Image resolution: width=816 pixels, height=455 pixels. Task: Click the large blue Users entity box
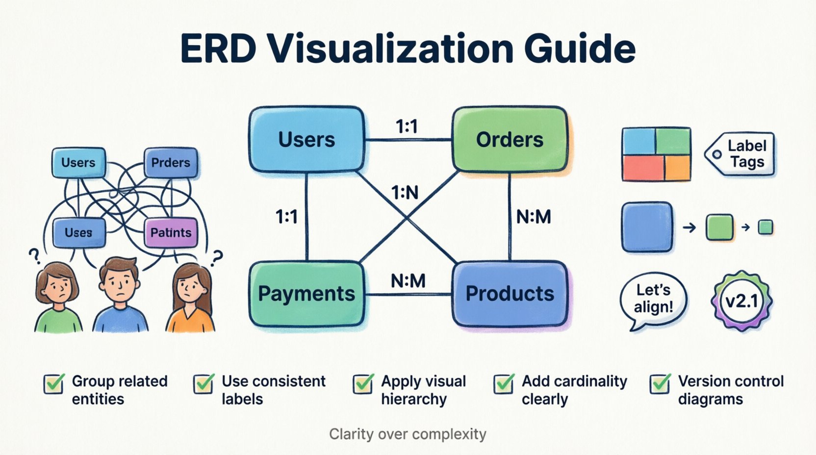click(x=307, y=140)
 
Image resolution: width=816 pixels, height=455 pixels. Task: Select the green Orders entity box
click(x=510, y=140)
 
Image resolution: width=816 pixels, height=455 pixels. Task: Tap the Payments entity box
click(x=307, y=294)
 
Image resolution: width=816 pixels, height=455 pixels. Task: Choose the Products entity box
click(x=510, y=294)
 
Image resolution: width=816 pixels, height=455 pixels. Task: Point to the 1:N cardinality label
click(x=405, y=193)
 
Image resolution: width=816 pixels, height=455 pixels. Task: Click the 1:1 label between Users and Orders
click(x=407, y=127)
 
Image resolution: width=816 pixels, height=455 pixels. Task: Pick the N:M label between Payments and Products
click(x=408, y=281)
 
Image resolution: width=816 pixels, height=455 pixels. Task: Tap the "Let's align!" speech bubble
click(x=653, y=299)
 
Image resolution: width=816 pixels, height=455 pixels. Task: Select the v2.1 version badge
click(x=741, y=301)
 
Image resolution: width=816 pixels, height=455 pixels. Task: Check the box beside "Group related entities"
click(x=54, y=384)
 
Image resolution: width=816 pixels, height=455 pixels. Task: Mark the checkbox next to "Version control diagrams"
click(x=660, y=384)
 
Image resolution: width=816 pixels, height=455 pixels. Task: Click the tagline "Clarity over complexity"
click(x=408, y=434)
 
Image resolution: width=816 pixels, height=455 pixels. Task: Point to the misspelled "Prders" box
click(x=171, y=163)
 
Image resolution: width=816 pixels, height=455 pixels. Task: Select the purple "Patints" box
click(x=171, y=232)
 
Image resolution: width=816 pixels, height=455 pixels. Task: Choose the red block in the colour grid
click(x=643, y=168)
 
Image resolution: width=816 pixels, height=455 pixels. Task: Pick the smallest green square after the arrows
click(x=765, y=227)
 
